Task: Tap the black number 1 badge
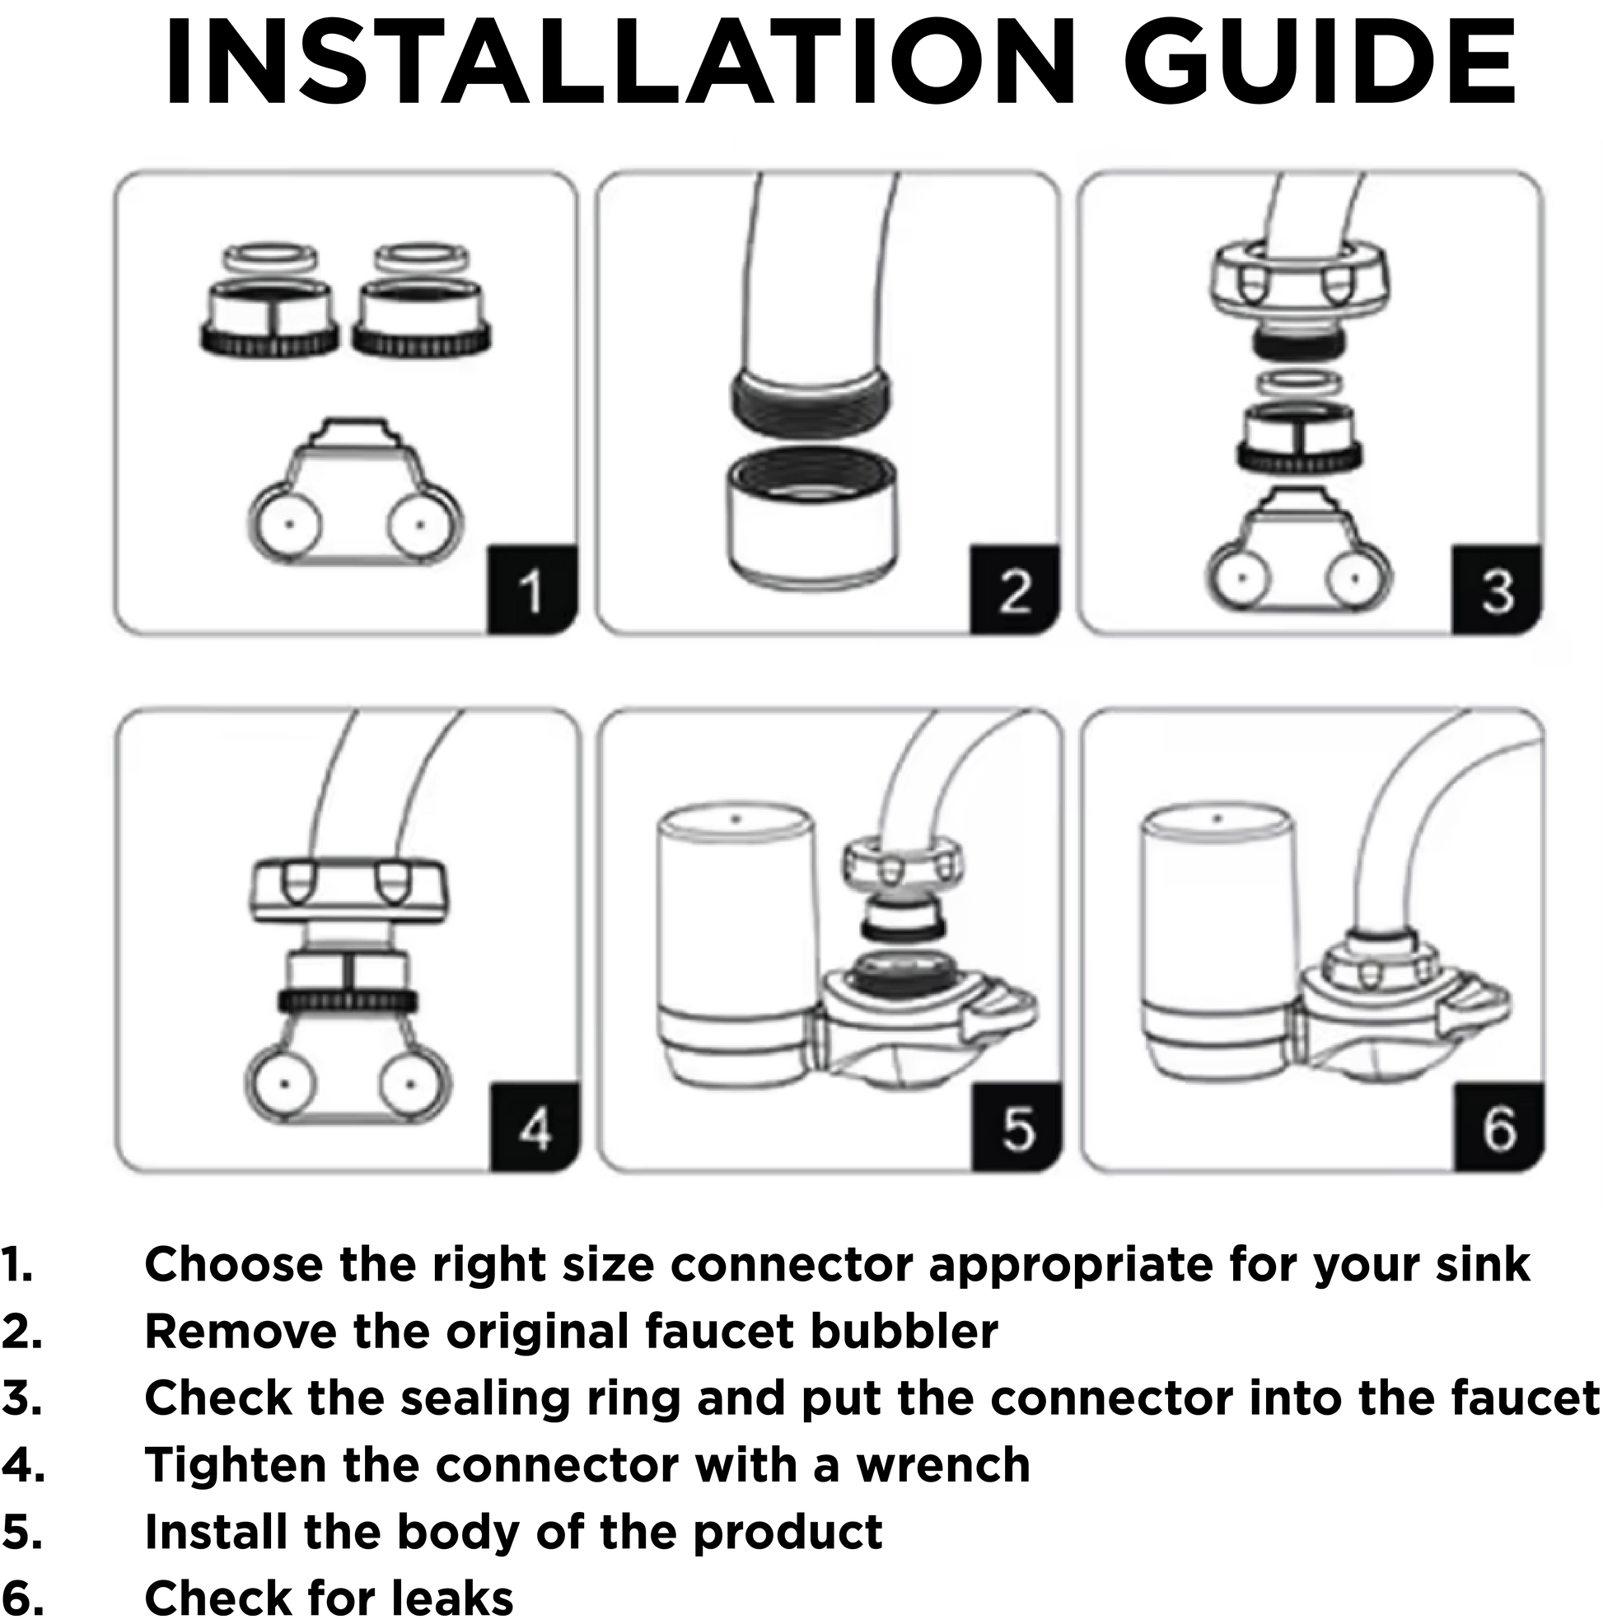click(x=532, y=590)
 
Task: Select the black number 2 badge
click(x=1014, y=590)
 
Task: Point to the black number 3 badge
click(x=1496, y=590)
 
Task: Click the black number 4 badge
click(x=535, y=1127)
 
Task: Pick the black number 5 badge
click(x=1017, y=1127)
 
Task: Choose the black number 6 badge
click(x=1498, y=1127)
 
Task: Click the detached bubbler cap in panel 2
click(x=812, y=517)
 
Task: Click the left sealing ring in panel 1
click(x=270, y=257)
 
